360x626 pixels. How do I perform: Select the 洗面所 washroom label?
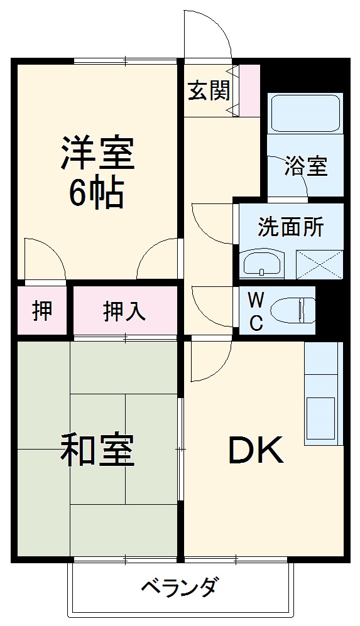[x=291, y=227]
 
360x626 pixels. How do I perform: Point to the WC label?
[x=256, y=310]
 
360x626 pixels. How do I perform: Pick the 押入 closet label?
[x=125, y=310]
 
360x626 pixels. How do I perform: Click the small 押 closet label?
[x=42, y=310]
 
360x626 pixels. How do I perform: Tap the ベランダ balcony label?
[x=180, y=588]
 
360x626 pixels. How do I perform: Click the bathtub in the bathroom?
[x=305, y=114]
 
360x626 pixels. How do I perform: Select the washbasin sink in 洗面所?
[x=261, y=264]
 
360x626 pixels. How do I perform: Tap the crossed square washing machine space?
[x=319, y=264]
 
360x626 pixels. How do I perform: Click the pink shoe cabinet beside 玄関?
[x=250, y=90]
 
